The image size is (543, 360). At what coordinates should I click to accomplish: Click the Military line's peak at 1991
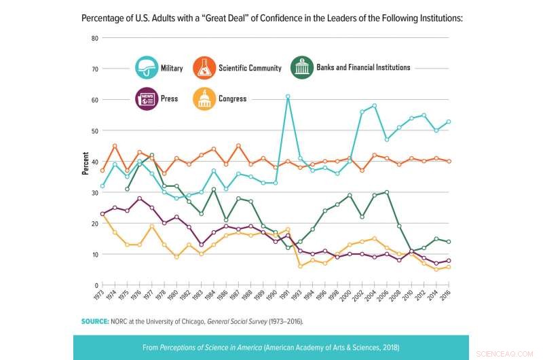tap(288, 96)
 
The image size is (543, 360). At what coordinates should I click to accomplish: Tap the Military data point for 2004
tap(374, 106)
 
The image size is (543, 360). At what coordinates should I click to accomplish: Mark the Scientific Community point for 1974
tap(115, 146)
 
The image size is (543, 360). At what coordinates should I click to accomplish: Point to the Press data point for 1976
tap(140, 198)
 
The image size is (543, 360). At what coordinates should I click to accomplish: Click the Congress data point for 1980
tap(176, 257)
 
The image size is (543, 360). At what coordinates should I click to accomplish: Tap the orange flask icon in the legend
tap(204, 68)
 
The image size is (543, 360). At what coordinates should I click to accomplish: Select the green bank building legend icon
tap(302, 68)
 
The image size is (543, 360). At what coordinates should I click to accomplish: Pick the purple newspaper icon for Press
tap(146, 99)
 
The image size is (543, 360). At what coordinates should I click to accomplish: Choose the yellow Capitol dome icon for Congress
tap(204, 99)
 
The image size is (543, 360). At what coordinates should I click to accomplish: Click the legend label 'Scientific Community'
tap(249, 68)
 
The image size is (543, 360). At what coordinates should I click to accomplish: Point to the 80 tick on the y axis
tap(95, 38)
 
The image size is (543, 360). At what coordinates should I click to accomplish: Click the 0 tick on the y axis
tap(96, 285)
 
